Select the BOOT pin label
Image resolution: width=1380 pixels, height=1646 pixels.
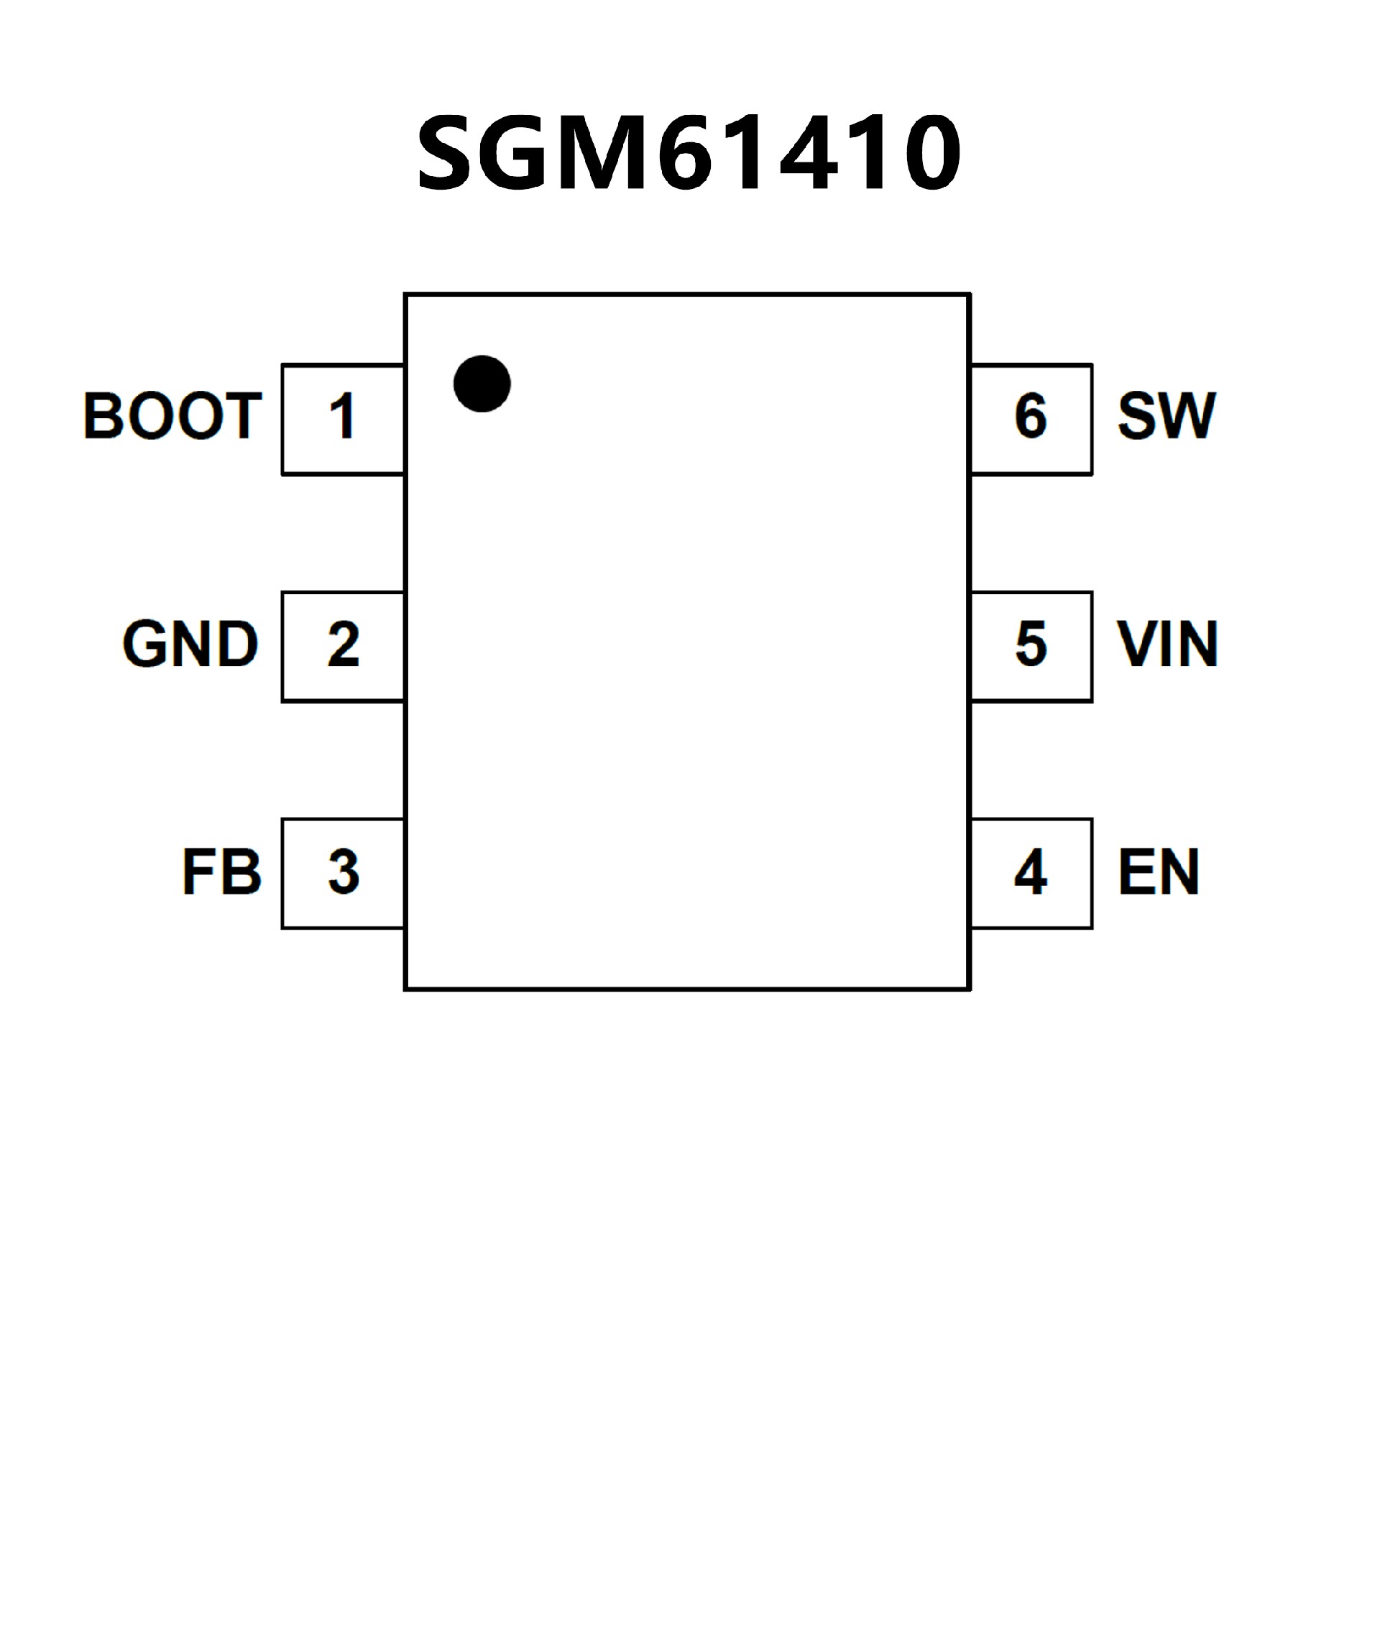click(172, 415)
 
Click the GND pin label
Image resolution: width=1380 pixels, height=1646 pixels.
click(190, 644)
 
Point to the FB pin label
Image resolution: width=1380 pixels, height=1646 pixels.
click(222, 871)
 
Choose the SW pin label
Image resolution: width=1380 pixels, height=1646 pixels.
click(1167, 415)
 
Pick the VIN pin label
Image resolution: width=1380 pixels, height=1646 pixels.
click(1167, 644)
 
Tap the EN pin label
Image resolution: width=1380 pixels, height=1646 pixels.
click(1159, 871)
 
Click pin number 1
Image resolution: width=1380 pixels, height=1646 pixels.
click(342, 416)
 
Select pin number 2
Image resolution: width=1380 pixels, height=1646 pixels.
click(344, 645)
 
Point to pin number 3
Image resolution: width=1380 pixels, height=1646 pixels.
click(344, 871)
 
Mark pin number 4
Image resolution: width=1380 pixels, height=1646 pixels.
click(1030, 871)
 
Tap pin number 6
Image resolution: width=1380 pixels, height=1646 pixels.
click(1030, 416)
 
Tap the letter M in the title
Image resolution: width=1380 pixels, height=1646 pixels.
click(602, 152)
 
